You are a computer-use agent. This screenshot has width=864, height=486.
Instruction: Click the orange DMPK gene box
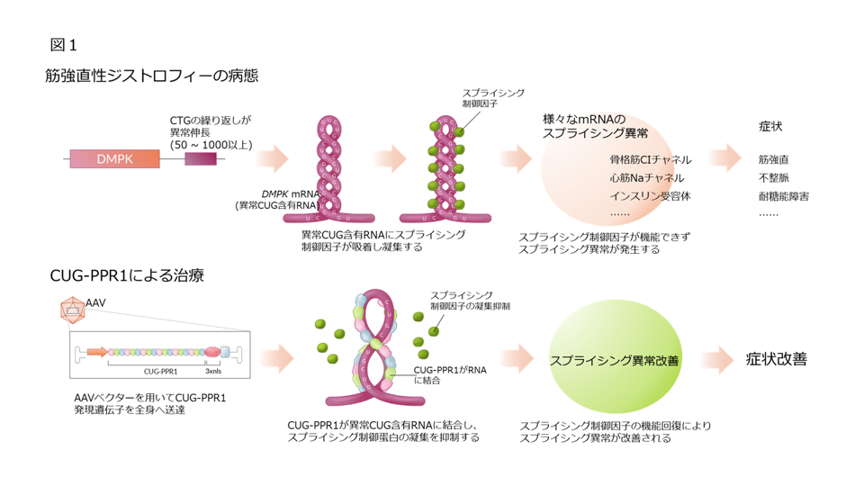[x=114, y=159]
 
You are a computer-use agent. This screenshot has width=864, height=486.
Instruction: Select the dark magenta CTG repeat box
[x=200, y=159]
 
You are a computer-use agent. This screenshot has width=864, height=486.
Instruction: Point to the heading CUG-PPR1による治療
[x=127, y=274]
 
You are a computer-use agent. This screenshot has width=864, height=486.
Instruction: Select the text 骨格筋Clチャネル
[x=651, y=159]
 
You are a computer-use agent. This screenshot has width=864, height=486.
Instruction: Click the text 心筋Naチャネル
[x=646, y=178]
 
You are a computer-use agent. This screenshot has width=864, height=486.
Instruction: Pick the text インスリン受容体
[x=650, y=195]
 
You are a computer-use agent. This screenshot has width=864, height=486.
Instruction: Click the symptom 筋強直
[x=774, y=159]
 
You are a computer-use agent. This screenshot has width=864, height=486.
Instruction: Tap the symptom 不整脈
[x=774, y=178]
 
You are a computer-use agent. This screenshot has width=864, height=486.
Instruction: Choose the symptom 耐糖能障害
[x=783, y=195]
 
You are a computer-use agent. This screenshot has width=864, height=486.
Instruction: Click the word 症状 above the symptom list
[x=770, y=126]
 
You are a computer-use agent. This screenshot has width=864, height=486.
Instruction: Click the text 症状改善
[x=776, y=359]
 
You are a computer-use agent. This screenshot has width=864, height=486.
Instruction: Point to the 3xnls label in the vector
[x=215, y=370]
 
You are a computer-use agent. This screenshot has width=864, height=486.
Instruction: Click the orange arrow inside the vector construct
[x=99, y=352]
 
